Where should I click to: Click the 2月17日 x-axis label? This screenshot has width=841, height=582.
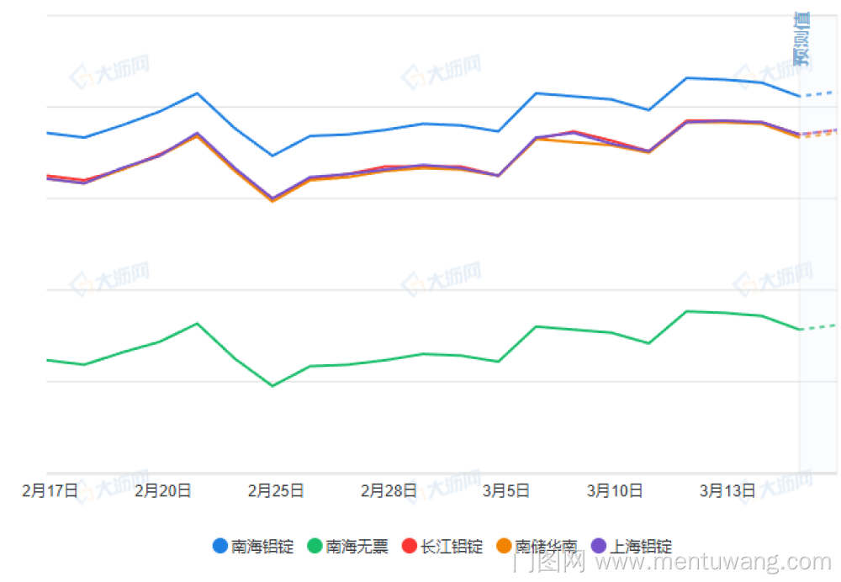click(50, 490)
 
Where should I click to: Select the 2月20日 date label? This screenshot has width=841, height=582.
click(163, 490)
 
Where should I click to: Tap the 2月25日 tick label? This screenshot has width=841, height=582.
click(276, 490)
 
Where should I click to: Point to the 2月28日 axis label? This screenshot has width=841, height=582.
click(389, 490)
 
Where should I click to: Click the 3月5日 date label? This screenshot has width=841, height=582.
click(505, 490)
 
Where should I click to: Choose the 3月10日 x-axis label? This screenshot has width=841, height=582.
click(615, 490)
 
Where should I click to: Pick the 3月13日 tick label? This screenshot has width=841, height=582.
click(727, 490)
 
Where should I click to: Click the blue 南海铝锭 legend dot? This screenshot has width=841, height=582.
click(220, 546)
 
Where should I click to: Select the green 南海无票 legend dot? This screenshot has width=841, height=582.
click(315, 546)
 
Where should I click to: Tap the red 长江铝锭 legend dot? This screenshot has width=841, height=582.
click(410, 546)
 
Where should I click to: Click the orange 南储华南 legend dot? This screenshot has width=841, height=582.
click(504, 546)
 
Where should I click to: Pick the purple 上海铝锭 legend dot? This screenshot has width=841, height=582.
click(599, 546)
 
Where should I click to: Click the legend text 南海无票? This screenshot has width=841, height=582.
click(357, 547)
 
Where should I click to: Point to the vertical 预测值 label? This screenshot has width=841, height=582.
click(801, 39)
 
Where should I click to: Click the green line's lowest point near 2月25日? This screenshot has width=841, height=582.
click(272, 386)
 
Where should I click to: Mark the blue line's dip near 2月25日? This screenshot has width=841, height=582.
click(272, 156)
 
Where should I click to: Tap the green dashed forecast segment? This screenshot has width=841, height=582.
click(817, 326)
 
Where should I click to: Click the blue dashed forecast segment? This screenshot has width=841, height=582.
click(817, 93)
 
